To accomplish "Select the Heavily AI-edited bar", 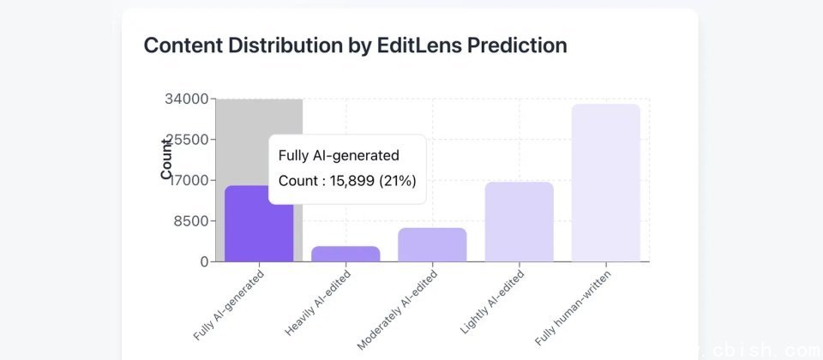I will click(x=345, y=254).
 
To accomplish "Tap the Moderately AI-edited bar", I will click(x=432, y=245).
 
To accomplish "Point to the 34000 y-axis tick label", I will click(x=186, y=99).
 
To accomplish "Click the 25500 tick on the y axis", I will click(x=186, y=140).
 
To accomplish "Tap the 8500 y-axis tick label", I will click(x=189, y=221).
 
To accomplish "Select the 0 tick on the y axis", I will click(x=204, y=262).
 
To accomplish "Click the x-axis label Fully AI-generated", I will click(x=230, y=306).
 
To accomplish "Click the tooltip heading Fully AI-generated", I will click(x=339, y=155).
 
